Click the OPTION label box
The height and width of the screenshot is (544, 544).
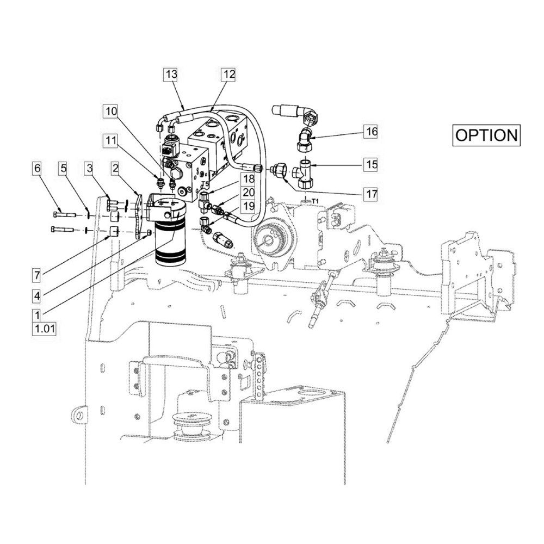point(486,135)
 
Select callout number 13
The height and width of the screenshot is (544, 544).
point(171,74)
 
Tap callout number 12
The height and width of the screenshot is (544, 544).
point(230,74)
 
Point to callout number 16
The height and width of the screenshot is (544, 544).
point(371,132)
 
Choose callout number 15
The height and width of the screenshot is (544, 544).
point(371,164)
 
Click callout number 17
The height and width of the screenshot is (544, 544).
point(371,194)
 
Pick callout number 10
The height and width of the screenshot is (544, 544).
point(112,112)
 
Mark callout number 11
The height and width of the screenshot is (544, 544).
point(112,141)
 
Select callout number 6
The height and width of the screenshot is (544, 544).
point(37,168)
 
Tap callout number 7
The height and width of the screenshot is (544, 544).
point(37,276)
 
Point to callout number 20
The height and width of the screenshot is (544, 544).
point(249,193)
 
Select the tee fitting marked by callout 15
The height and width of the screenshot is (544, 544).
point(304,172)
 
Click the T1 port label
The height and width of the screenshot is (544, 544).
point(315,201)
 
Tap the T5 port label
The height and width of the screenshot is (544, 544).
point(205,183)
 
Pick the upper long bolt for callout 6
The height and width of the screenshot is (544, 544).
point(65,215)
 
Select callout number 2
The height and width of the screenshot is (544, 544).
point(115,168)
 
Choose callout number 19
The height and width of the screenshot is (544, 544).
point(249,206)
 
